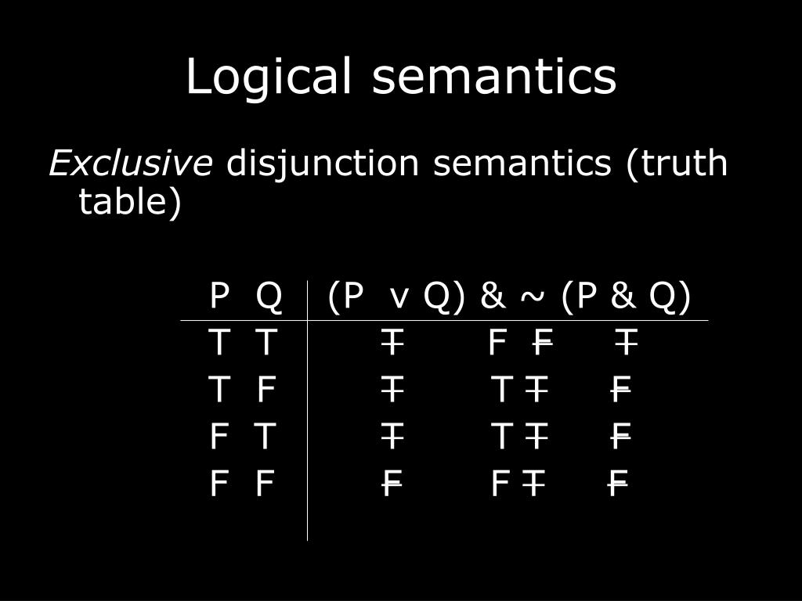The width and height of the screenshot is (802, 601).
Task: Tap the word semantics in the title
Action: (x=494, y=77)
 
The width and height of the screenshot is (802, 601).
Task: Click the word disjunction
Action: (x=323, y=164)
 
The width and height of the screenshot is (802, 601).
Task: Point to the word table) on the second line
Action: (x=130, y=203)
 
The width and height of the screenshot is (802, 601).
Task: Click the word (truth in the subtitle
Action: (x=677, y=164)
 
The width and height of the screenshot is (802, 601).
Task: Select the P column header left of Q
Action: (x=219, y=297)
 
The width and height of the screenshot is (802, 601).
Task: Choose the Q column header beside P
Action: (x=269, y=297)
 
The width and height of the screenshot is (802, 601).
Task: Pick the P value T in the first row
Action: (x=219, y=343)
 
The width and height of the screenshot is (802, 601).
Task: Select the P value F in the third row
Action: (x=219, y=436)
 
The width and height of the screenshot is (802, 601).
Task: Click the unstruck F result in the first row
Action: (x=497, y=343)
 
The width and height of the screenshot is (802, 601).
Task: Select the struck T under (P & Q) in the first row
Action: (x=625, y=343)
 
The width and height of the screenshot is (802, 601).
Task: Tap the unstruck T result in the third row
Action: (x=501, y=436)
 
